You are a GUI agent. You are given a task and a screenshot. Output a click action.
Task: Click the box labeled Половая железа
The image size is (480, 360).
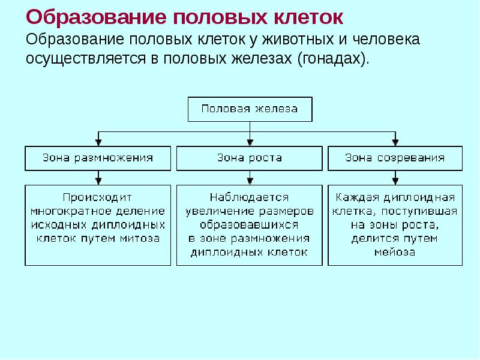coord(249,109)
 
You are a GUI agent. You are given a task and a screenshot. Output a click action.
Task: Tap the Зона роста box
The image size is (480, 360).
coord(249,158)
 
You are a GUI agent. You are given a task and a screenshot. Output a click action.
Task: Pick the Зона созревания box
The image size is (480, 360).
coord(395,158)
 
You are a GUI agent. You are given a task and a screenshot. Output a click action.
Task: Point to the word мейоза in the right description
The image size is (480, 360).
coord(395,252)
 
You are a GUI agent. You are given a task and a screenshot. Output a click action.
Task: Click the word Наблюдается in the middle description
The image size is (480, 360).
coord(249,197)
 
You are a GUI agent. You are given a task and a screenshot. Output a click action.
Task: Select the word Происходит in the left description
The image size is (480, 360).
coord(97,197)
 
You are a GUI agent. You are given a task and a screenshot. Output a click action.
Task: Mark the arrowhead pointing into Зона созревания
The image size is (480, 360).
coord(395,142)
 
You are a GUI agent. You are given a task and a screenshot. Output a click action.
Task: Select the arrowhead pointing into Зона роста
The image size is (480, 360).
coord(249,142)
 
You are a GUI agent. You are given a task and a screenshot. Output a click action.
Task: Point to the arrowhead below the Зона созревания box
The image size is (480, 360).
coord(395,179)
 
